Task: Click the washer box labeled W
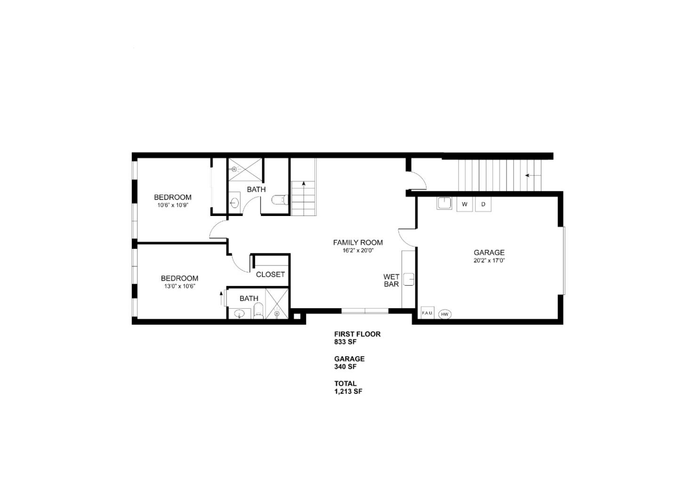[465, 204]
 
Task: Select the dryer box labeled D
[483, 204]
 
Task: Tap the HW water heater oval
[444, 314]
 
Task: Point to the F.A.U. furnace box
[427, 313]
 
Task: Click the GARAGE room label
[489, 253]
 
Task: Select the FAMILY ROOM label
[358, 242]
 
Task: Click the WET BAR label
[391, 280]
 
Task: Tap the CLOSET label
[270, 274]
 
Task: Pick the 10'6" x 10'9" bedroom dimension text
[173, 205]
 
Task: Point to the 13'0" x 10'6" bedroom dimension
[179, 286]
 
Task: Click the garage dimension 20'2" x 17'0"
[489, 260]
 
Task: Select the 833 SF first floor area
[345, 342]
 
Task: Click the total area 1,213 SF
[348, 391]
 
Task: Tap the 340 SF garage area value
[345, 367]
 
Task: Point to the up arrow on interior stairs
[304, 184]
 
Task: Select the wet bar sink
[409, 279]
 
